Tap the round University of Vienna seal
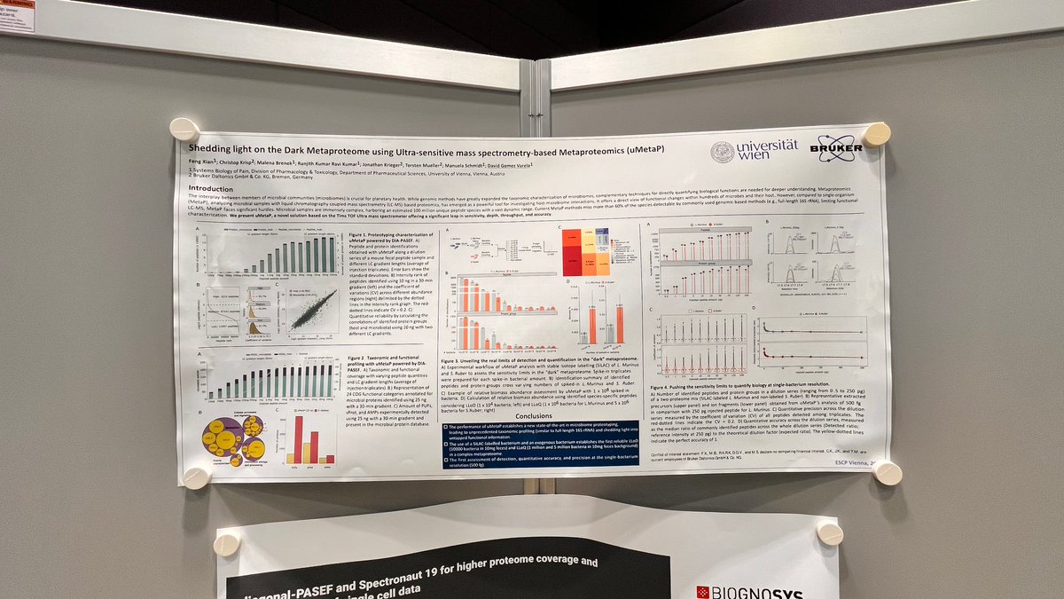tap(722, 152)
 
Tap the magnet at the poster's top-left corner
tap(184, 130)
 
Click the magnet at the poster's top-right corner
tap(876, 135)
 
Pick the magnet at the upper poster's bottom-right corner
tap(888, 473)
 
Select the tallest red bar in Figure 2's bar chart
tap(298, 439)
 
